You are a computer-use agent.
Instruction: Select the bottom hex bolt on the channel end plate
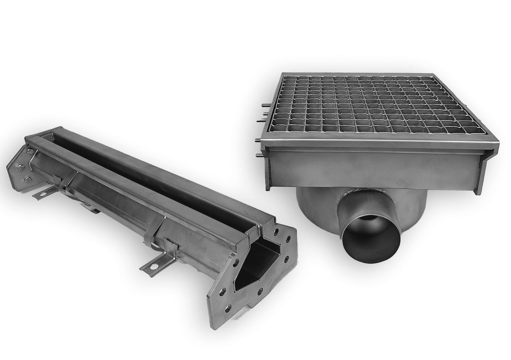point(28,180)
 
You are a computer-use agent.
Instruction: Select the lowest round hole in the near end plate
point(228,309)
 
